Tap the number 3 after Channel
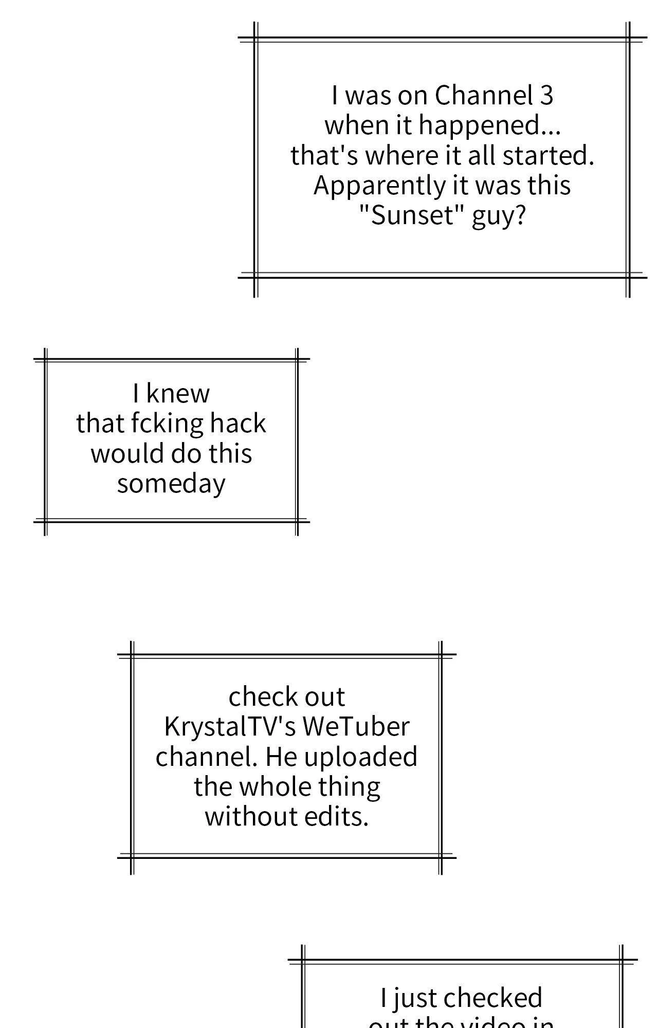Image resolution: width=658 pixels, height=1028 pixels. coord(546,96)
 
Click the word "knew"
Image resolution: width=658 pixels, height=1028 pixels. coord(178,394)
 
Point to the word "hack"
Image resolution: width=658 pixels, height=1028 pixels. coord(238,424)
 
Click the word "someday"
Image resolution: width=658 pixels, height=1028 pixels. coord(171,484)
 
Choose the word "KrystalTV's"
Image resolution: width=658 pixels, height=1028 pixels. coord(230,727)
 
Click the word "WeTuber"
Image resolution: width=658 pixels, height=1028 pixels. coord(356,727)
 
